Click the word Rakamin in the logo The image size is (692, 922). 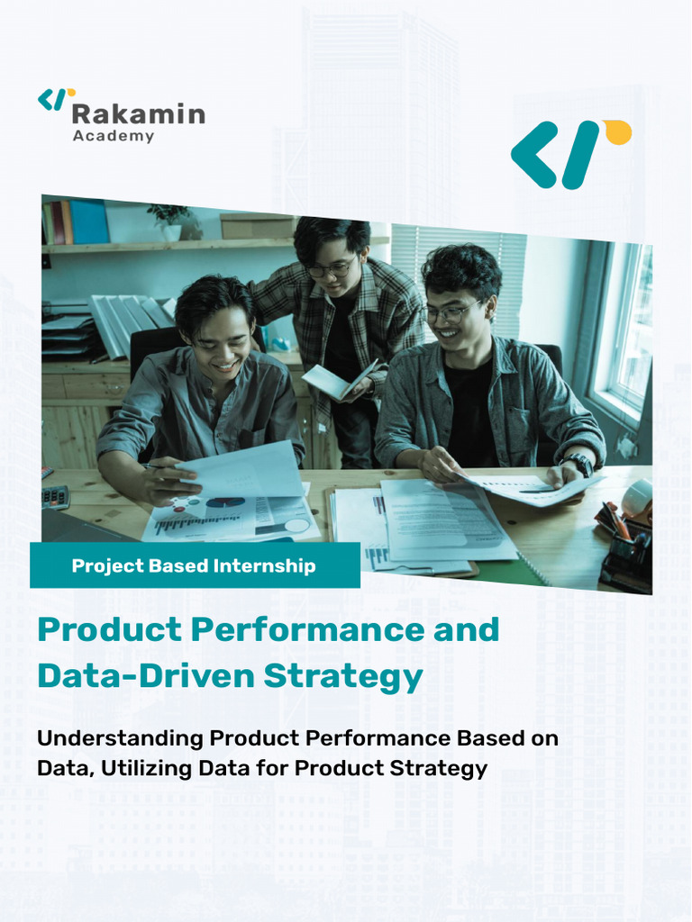click(x=138, y=114)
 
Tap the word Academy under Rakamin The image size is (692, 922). click(x=114, y=137)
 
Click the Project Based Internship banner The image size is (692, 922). click(x=195, y=565)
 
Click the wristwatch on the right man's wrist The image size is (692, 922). click(x=578, y=465)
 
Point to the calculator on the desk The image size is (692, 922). click(x=55, y=496)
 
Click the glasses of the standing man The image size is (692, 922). click(x=330, y=268)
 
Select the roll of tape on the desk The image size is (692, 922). click(x=637, y=497)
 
